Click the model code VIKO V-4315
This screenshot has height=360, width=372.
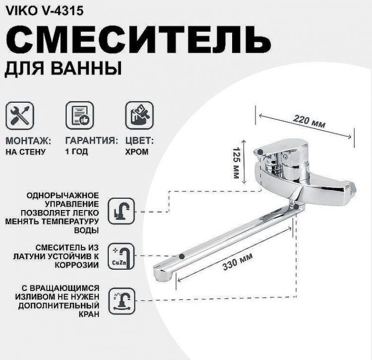(x=38, y=9)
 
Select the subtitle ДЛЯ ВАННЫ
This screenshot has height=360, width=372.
(x=63, y=69)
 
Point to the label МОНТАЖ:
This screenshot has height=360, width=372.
(x=29, y=141)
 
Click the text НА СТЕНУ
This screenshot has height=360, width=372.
(x=26, y=152)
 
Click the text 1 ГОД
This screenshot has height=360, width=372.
(x=76, y=152)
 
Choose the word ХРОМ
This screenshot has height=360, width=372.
(x=136, y=152)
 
